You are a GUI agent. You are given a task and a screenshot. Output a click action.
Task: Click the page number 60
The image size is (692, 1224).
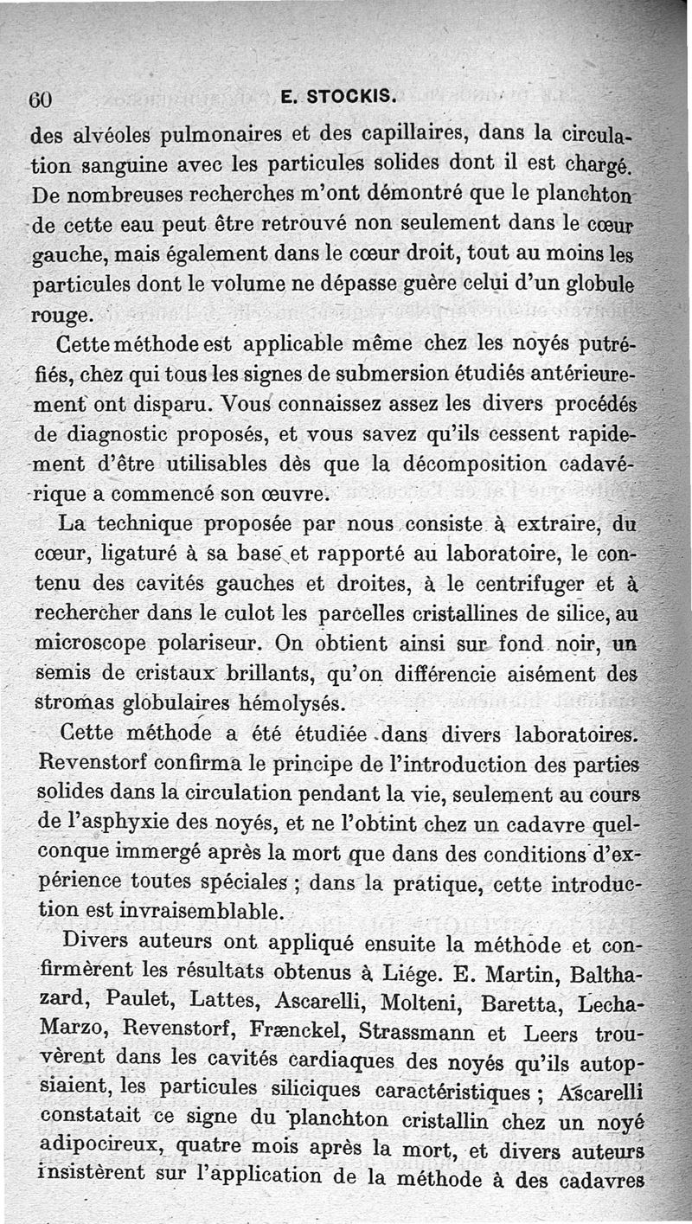(x=42, y=99)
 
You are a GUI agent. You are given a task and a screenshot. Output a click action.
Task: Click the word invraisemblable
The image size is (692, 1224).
(x=191, y=911)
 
